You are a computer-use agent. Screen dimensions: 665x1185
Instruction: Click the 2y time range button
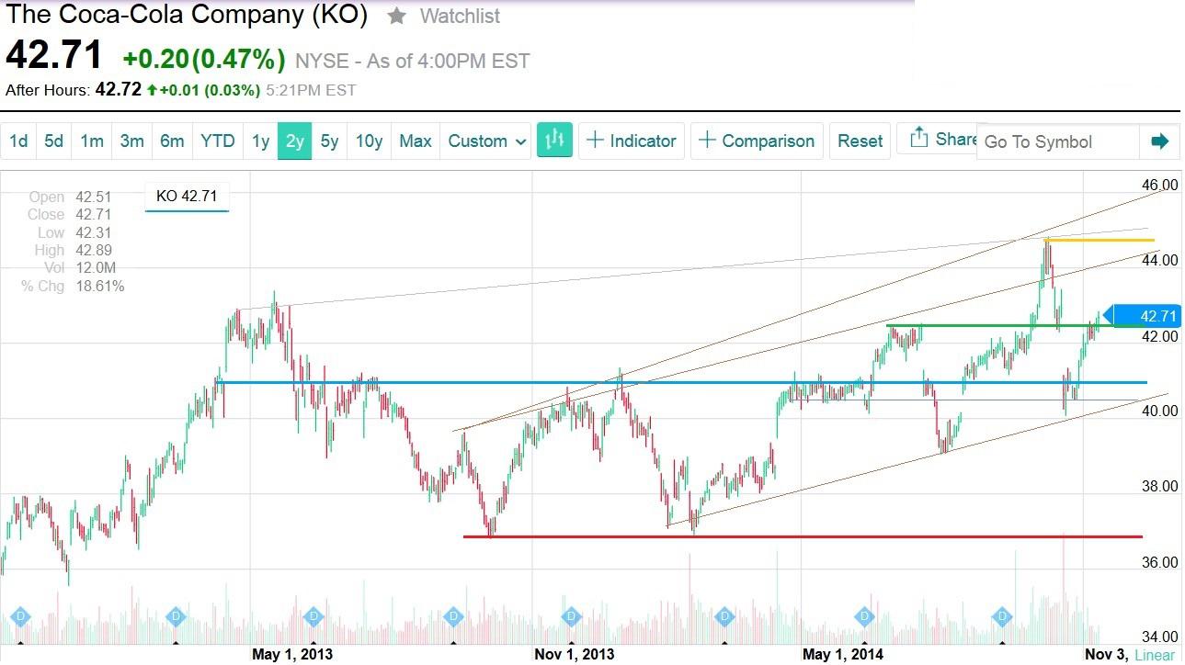pyautogui.click(x=295, y=141)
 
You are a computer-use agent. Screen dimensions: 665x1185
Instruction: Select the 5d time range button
pyautogui.click(x=54, y=141)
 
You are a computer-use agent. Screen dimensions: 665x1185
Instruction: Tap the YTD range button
pyautogui.click(x=218, y=141)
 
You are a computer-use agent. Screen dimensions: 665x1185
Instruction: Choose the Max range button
pyautogui.click(x=415, y=141)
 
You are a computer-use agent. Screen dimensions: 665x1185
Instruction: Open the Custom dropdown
pyautogui.click(x=487, y=141)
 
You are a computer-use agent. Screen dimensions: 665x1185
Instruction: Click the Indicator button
pyautogui.click(x=632, y=141)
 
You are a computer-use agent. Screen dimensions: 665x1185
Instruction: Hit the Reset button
pyautogui.click(x=860, y=141)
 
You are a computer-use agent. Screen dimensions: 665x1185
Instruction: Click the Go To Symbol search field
pyautogui.click(x=1057, y=142)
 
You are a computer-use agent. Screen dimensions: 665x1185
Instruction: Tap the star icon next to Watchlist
pyautogui.click(x=396, y=16)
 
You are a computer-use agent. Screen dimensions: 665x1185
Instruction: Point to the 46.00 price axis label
pyautogui.click(x=1159, y=185)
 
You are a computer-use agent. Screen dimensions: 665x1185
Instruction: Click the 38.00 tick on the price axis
pyautogui.click(x=1159, y=487)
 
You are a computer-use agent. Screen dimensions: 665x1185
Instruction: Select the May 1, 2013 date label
pyautogui.click(x=292, y=654)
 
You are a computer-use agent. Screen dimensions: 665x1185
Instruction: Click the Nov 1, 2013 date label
pyautogui.click(x=575, y=654)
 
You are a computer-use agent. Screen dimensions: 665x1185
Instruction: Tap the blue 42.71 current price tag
pyautogui.click(x=1153, y=316)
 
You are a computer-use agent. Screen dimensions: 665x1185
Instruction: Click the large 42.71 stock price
pyautogui.click(x=54, y=56)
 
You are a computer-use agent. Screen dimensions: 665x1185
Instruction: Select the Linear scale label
pyautogui.click(x=1154, y=655)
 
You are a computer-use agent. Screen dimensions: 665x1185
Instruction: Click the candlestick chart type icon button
pyautogui.click(x=554, y=141)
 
